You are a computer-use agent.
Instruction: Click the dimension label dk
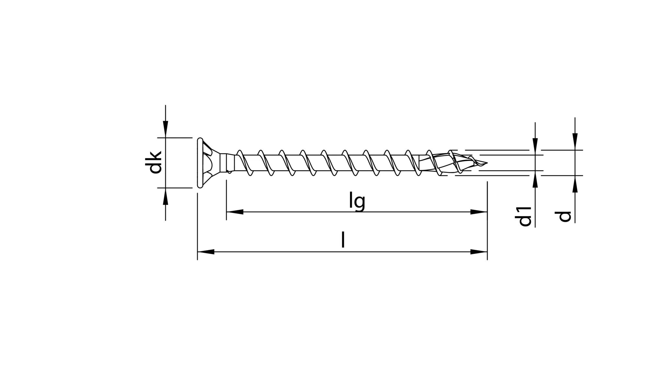[x=153, y=162]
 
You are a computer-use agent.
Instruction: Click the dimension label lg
[x=357, y=201]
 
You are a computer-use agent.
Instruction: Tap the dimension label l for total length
[x=343, y=240]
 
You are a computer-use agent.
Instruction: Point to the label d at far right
[x=565, y=216]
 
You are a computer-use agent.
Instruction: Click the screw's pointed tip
[x=486, y=163]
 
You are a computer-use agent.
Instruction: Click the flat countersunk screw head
[x=200, y=163]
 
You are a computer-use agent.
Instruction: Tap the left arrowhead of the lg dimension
[x=235, y=212]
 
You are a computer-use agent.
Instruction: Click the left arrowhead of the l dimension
[x=206, y=252]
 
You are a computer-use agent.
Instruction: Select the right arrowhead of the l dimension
[x=479, y=252]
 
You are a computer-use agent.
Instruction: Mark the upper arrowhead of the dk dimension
[x=166, y=130]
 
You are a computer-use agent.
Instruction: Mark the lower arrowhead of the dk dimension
[x=166, y=196]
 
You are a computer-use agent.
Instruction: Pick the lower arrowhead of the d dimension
[x=575, y=184]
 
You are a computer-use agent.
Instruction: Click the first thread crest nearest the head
[x=240, y=152]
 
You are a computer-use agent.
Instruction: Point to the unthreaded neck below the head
[x=227, y=163]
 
